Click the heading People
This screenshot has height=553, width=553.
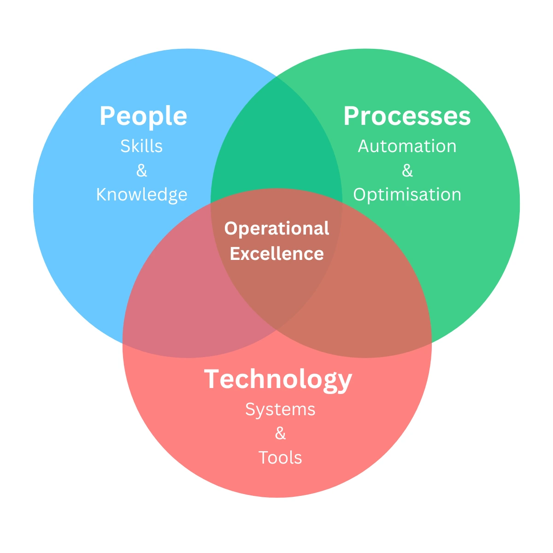(143, 116)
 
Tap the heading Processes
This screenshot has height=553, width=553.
(407, 116)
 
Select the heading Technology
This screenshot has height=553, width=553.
(278, 379)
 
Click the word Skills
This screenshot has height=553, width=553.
(141, 146)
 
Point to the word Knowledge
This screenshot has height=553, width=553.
(141, 194)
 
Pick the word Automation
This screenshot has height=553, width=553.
(407, 146)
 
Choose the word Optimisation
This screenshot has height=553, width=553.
(407, 194)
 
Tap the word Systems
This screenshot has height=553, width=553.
(280, 409)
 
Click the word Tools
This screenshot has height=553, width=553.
(280, 458)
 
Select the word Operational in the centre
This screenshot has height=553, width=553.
(276, 229)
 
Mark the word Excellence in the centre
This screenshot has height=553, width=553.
(276, 253)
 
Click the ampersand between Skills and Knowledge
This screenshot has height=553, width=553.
(141, 171)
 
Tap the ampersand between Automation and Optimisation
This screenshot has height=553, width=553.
(407, 171)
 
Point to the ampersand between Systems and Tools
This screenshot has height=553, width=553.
(280, 433)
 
